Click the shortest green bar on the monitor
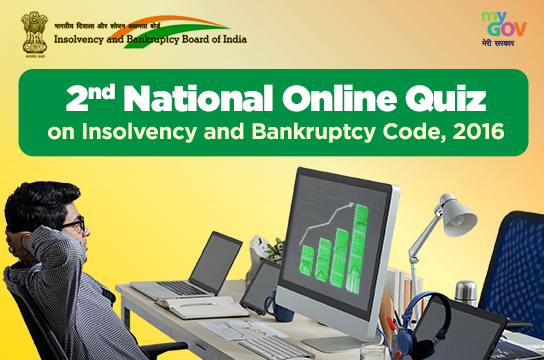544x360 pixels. [307, 262]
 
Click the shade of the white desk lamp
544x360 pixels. [458, 212]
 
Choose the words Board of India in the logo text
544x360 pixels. [204, 40]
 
